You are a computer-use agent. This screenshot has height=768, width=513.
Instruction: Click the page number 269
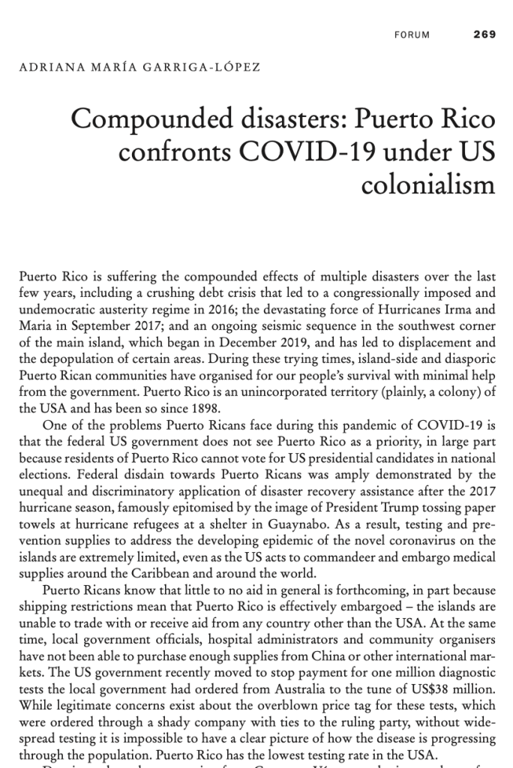[484, 34]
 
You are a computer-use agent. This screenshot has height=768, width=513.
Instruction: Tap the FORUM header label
[412, 35]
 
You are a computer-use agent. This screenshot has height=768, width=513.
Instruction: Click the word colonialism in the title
[428, 184]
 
